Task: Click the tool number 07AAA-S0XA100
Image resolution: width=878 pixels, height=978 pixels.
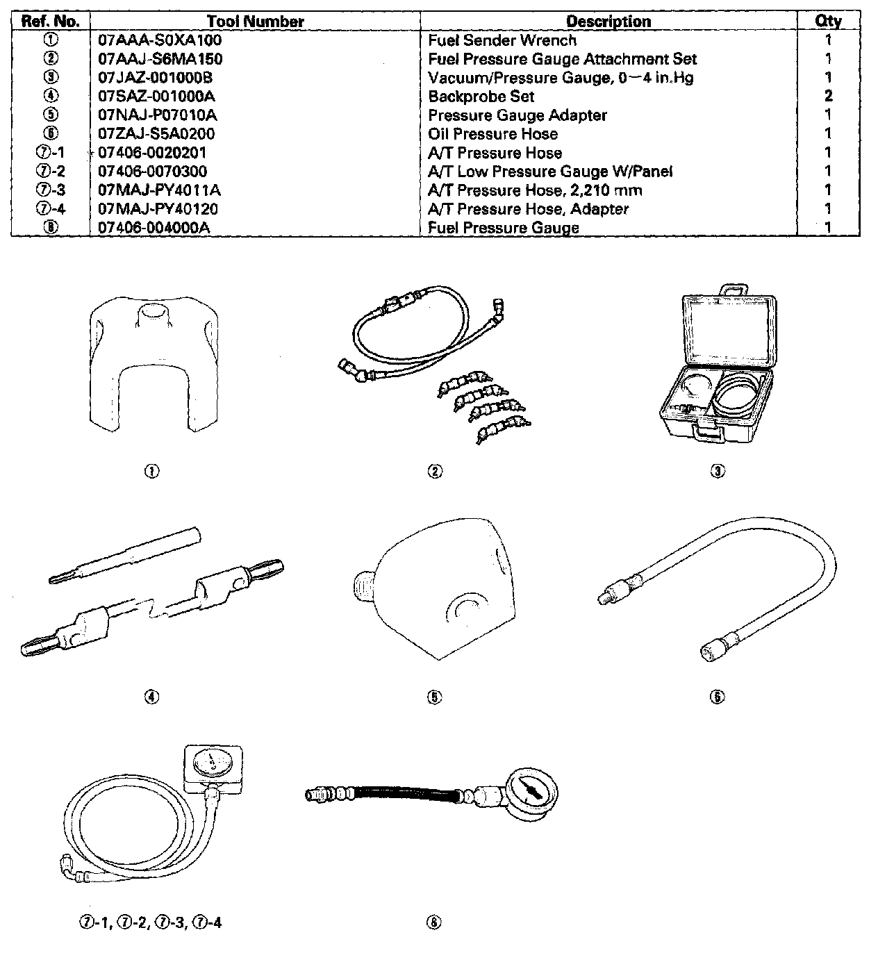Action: [160, 40]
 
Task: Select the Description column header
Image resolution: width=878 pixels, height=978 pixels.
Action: [608, 22]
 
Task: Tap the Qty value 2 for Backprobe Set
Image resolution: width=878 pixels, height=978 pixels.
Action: [828, 97]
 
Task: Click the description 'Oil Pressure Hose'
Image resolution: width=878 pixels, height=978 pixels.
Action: [492, 134]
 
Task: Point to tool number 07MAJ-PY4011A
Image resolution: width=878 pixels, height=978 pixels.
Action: [160, 190]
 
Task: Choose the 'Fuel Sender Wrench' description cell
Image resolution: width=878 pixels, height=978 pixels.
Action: [502, 40]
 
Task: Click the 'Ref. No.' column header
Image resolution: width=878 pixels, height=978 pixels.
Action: [50, 22]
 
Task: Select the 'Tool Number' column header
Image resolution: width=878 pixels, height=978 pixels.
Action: [255, 22]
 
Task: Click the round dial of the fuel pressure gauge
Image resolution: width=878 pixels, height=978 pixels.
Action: [531, 791]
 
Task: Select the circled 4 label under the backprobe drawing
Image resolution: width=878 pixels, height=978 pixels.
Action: [151, 697]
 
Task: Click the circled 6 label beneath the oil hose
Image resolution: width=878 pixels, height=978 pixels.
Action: [718, 697]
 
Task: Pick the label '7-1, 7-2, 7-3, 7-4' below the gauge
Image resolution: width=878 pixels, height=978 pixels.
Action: [150, 923]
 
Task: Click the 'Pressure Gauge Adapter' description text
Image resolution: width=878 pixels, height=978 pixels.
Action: [517, 115]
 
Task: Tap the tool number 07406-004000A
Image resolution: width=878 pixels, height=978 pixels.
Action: [154, 228]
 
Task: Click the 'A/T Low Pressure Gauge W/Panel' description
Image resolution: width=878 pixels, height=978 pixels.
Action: [550, 172]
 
